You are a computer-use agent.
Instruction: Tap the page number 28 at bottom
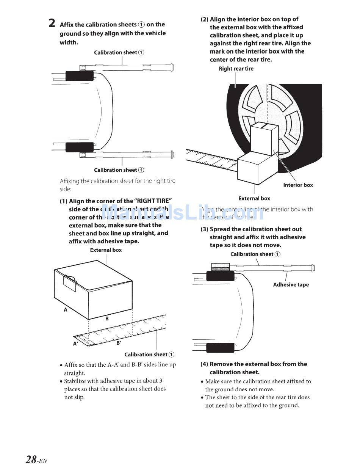click(31, 460)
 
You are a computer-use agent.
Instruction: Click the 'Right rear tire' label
click(236, 69)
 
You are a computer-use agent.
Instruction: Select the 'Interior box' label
click(298, 185)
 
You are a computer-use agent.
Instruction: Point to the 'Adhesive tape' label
click(291, 285)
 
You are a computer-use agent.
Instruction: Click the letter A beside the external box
click(66, 310)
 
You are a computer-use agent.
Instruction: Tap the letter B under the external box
click(107, 319)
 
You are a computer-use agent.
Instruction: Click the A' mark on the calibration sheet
click(76, 344)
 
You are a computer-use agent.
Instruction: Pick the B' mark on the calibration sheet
click(119, 343)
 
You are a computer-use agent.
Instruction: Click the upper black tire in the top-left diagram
click(80, 75)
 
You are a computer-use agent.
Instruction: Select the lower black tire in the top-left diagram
click(80, 147)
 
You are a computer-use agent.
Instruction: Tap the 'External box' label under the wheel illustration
click(254, 198)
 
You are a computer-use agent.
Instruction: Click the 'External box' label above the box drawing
click(106, 250)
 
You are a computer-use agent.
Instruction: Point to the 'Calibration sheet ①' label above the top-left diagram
click(119, 52)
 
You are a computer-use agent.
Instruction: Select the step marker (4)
click(204, 364)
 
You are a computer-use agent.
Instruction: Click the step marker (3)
click(204, 229)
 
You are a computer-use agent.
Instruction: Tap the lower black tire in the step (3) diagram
click(220, 347)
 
